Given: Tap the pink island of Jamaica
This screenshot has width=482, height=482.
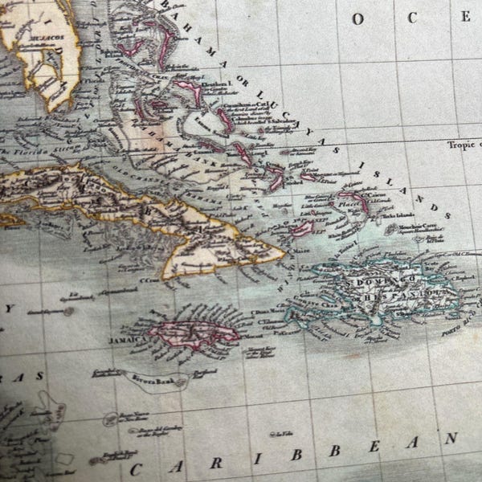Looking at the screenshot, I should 193,333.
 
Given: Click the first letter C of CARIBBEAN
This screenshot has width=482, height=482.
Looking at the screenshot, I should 136,469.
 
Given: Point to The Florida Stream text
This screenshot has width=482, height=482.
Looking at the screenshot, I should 23,152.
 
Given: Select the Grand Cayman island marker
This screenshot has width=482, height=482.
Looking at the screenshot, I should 67,310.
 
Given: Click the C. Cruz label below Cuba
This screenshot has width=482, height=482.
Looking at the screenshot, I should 149,280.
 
